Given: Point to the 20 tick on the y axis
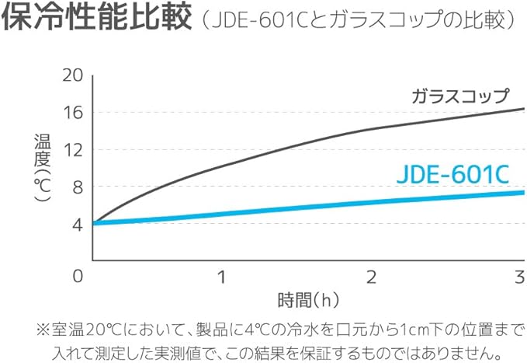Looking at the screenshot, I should tap(72, 75).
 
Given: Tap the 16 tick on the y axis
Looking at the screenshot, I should tap(72, 112).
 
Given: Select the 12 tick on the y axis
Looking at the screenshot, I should tap(72, 150).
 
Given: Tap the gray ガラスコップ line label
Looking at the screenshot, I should tap(459, 96).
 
